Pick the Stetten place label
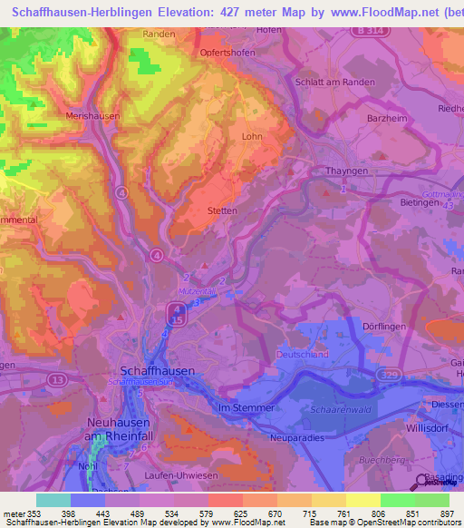tap(222, 210)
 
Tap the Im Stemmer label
tap(247, 408)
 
